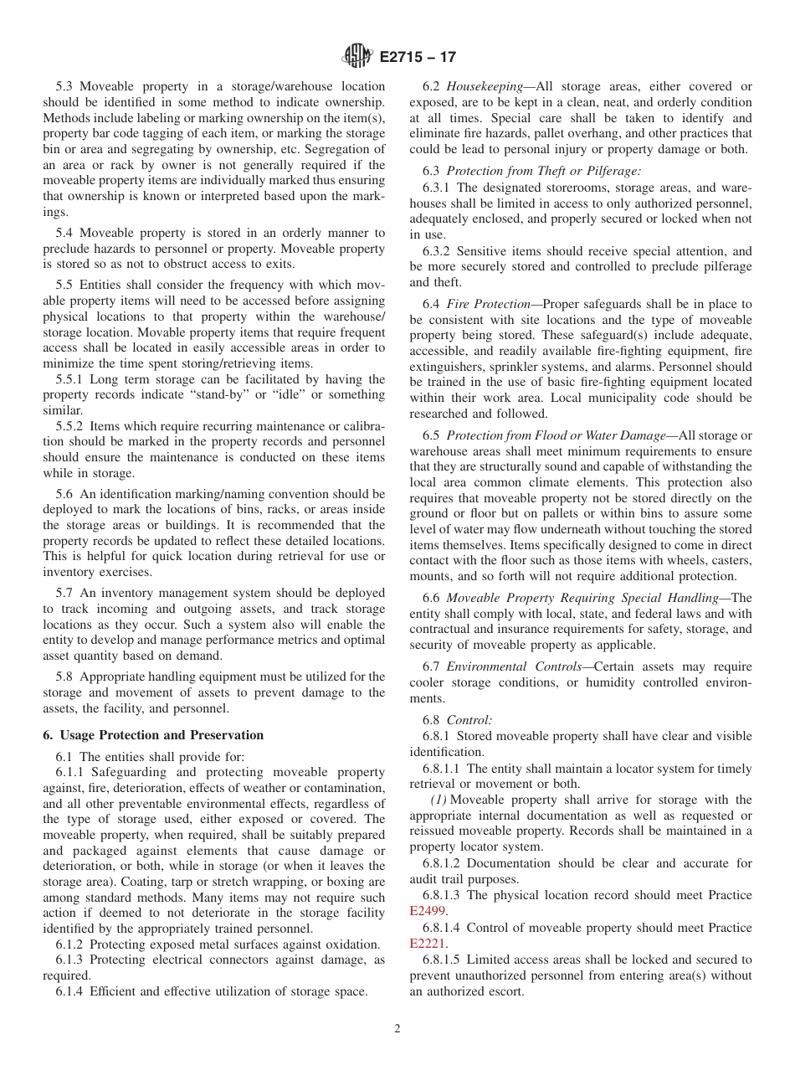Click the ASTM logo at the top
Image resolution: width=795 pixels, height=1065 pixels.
356,57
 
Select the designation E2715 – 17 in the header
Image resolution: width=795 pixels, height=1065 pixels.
418,58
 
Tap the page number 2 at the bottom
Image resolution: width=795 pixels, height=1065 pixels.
397,1029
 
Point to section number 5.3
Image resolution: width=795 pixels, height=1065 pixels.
65,86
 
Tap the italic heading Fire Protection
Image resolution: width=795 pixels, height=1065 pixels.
488,304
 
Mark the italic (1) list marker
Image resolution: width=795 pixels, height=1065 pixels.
439,800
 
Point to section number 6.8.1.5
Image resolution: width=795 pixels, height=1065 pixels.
445,960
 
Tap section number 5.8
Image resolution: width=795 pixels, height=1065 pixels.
65,677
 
